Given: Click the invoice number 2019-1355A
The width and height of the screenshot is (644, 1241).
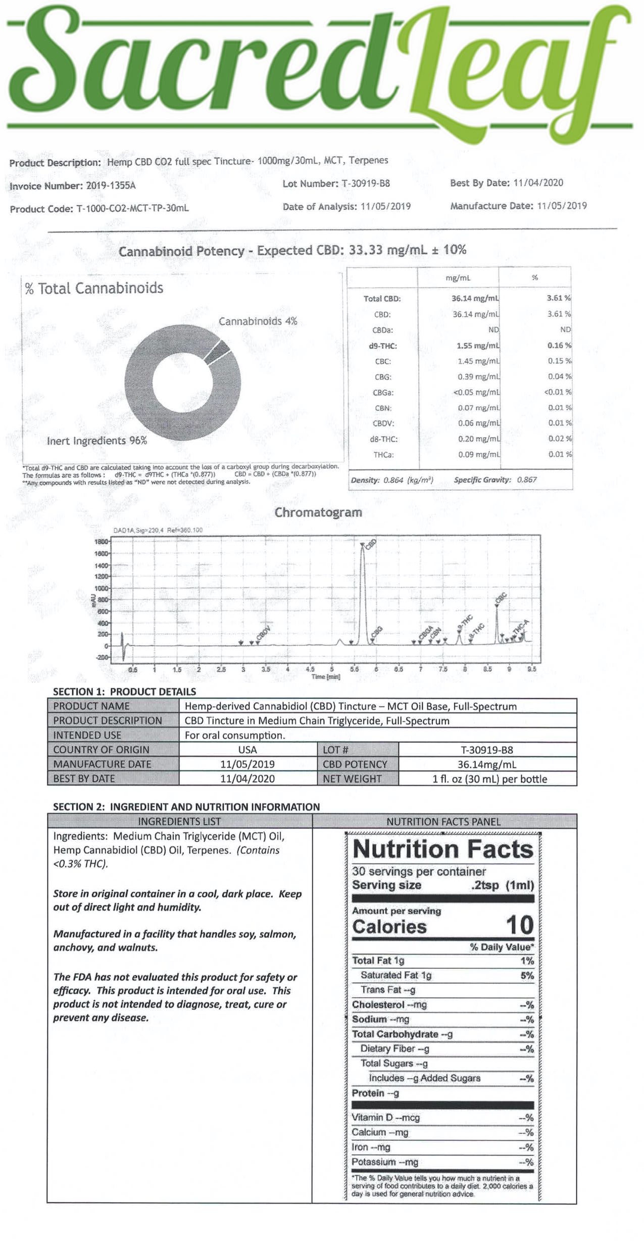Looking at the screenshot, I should pos(111,185).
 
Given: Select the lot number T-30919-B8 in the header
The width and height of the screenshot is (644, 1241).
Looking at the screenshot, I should pos(366,183).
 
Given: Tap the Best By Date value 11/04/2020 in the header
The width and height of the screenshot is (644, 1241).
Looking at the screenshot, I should pos(538,183).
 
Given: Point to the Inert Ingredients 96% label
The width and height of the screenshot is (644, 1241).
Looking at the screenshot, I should pos(97,441).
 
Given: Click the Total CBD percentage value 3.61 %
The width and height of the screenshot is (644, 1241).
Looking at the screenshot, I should pos(559,298).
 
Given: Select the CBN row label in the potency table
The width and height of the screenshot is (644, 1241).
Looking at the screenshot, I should pos(383,408).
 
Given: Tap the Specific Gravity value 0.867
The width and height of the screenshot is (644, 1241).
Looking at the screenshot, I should pos(527,480).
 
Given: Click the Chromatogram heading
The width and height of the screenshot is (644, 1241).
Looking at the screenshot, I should pos(318,512).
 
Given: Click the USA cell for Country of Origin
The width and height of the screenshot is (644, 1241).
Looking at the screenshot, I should pos(247,750).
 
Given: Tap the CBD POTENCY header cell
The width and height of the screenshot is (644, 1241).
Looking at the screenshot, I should pos(355,765).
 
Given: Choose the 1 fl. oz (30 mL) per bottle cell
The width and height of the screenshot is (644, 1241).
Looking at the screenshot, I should pos(489,779).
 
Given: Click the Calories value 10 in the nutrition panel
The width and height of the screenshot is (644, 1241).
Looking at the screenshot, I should pos(519,925).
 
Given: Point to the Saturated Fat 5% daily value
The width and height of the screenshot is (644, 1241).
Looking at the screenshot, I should pos(527,976).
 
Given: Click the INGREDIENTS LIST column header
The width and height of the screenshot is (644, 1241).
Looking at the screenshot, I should pos(179,822).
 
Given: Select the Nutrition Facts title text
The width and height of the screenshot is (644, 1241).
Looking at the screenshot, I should pos(443,849).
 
